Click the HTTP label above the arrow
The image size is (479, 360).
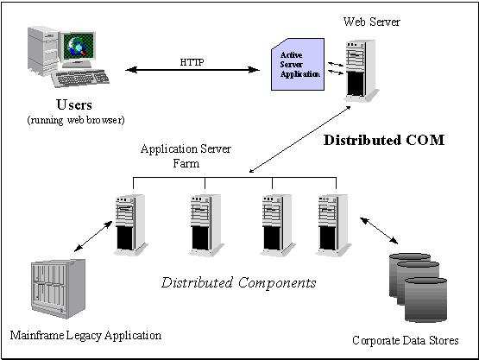click(192, 62)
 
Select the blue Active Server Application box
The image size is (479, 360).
click(298, 64)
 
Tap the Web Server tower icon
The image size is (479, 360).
click(362, 70)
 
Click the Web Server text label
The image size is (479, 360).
click(371, 22)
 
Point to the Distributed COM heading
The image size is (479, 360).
click(384, 140)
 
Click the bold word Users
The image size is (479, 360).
click(74, 104)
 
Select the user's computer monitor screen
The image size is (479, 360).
click(79, 45)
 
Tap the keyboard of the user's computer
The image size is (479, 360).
click(80, 79)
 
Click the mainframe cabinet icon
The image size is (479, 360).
click(58, 288)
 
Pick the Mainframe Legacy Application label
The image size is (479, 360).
click(85, 336)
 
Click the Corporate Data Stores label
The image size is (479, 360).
click(406, 340)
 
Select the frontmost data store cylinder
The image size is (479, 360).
click(425, 300)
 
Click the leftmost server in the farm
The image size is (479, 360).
click(130, 224)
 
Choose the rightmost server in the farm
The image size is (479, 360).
click(334, 224)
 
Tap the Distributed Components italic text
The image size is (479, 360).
click(238, 282)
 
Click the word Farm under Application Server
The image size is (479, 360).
click(186, 163)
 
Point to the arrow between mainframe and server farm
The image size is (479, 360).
click(93, 237)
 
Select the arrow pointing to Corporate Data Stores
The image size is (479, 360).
click(379, 231)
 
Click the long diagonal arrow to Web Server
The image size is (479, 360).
click(299, 139)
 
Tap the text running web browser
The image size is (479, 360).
click(76, 120)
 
